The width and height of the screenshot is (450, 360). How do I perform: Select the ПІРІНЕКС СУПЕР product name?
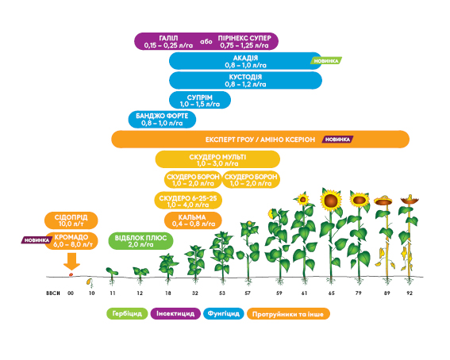pyautogui.click(x=244, y=38)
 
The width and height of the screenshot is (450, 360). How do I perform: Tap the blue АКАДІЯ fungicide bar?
pyautogui.click(x=245, y=61)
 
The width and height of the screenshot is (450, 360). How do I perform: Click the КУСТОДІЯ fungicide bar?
pyautogui.click(x=245, y=81)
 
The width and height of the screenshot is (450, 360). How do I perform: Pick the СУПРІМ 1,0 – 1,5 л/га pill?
pyautogui.click(x=200, y=101)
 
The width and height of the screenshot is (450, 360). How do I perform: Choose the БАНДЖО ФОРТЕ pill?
pyautogui.click(x=162, y=120)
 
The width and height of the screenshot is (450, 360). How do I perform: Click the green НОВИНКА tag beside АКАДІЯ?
pyautogui.click(x=326, y=61)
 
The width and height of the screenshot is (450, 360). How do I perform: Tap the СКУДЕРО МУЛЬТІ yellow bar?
pyautogui.click(x=217, y=159)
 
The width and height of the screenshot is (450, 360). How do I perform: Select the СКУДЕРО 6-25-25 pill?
pyautogui.click(x=188, y=201)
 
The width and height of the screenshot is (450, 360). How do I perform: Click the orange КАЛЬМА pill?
pyautogui.click(x=193, y=220)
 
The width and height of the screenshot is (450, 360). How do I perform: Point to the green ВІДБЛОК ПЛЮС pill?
pyautogui.click(x=140, y=241)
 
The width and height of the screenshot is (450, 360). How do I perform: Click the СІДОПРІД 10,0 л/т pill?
pyautogui.click(x=71, y=220)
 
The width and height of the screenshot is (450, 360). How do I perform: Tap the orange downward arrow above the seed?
pyautogui.click(x=71, y=262)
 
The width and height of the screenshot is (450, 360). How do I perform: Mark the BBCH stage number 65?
pyautogui.click(x=331, y=293)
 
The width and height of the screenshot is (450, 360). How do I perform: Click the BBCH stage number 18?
pyautogui.click(x=168, y=293)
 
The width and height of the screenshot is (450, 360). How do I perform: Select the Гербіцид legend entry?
pyautogui.click(x=127, y=313)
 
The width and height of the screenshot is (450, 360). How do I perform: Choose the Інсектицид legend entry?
pyautogui.click(x=175, y=313)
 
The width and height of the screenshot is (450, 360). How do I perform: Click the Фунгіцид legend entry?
pyautogui.click(x=224, y=313)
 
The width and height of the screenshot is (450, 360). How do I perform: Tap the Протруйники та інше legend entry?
pyautogui.click(x=288, y=314)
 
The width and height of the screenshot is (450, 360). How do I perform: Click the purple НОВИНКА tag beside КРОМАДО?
pyautogui.click(x=37, y=240)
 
